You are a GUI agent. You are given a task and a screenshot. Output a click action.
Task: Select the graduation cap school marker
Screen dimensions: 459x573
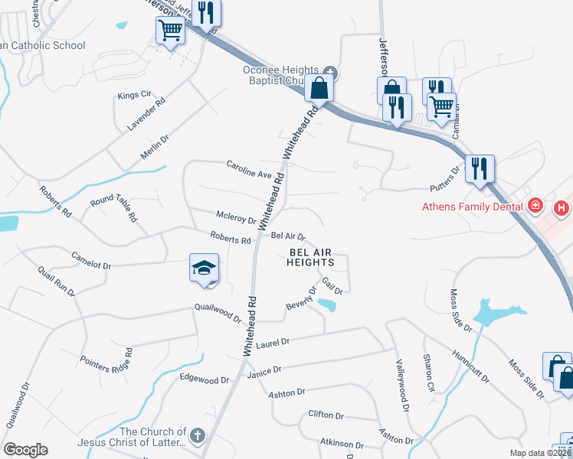(204, 269)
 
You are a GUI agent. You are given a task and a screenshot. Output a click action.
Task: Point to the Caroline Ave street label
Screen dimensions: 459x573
(249, 169)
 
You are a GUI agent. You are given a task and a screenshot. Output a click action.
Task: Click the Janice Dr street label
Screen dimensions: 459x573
(264, 369)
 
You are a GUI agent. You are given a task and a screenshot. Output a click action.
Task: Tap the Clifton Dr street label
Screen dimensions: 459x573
(326, 415)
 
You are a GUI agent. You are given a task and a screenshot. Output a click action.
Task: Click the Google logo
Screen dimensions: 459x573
(25, 450)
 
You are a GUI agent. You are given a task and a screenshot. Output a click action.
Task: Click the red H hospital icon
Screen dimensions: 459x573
(562, 207)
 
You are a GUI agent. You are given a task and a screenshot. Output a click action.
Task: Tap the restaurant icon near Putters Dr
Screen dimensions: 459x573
(480, 168)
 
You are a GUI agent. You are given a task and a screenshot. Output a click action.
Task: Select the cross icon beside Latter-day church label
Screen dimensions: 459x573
(198, 437)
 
